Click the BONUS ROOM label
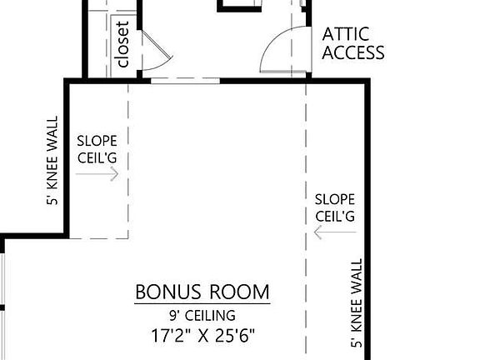click(x=202, y=292)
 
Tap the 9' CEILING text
click(x=202, y=315)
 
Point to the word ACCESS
click(x=353, y=52)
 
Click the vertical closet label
click(x=123, y=45)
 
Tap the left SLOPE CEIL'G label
click(x=97, y=149)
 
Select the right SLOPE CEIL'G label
click(x=335, y=207)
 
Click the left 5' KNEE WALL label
click(x=54, y=160)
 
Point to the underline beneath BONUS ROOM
click(x=202, y=304)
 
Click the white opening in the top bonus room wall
click(x=185, y=81)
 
